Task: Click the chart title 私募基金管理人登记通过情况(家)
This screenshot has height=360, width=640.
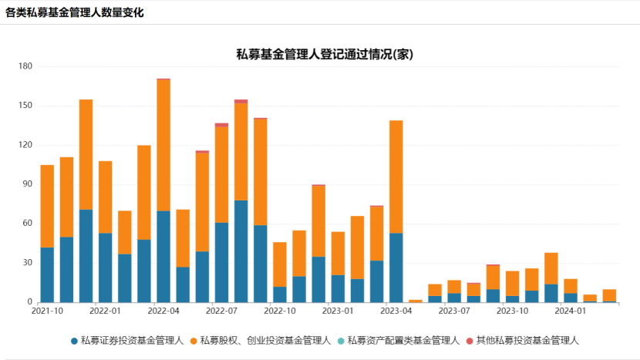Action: [x=326, y=54]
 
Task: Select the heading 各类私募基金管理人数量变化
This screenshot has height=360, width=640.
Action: [x=74, y=12]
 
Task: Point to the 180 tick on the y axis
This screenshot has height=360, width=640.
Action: [x=25, y=66]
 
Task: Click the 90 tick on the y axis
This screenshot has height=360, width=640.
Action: [x=27, y=184]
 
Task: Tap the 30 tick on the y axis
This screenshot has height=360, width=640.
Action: [x=27, y=263]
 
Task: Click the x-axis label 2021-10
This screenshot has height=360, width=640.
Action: [x=47, y=311]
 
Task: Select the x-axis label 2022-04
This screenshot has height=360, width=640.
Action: [x=163, y=311]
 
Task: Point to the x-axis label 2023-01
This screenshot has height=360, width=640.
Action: [x=338, y=311]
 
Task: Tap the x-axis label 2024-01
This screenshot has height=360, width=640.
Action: [x=571, y=311]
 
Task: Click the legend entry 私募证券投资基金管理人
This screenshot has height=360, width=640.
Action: [x=126, y=340]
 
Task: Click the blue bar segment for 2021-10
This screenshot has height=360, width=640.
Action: [x=47, y=274]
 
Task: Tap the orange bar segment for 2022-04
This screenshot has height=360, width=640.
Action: [x=163, y=145]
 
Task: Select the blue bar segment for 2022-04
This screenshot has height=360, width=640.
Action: [x=163, y=256]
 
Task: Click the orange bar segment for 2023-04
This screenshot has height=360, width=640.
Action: [x=396, y=177]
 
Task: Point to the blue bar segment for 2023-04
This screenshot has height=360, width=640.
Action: [x=396, y=267]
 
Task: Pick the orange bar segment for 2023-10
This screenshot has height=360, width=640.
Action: [x=513, y=283]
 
